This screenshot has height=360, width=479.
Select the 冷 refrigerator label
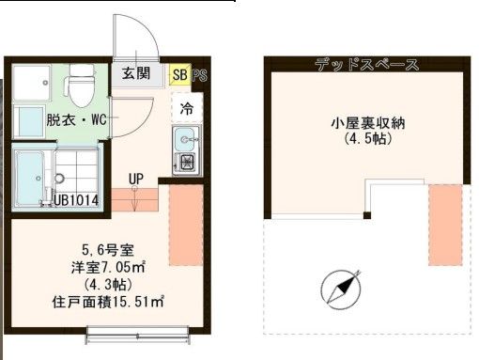point(186,108)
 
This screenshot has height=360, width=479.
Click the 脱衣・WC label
point(63,120)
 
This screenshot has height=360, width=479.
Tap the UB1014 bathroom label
point(76,199)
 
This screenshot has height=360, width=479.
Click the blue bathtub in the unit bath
point(31,177)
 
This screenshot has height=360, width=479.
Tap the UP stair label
point(135,179)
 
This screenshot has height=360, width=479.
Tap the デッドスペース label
point(367,65)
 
